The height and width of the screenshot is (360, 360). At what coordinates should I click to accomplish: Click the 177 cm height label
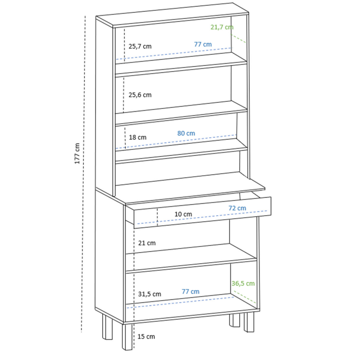click(77, 153)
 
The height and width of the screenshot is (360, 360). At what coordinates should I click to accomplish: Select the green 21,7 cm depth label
click(222, 27)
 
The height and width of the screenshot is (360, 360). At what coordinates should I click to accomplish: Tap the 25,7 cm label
click(140, 46)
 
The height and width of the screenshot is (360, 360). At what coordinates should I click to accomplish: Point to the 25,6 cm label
click(140, 95)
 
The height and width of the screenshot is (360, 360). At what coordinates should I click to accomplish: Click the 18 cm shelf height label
click(138, 137)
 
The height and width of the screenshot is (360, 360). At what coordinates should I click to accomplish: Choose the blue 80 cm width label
click(186, 133)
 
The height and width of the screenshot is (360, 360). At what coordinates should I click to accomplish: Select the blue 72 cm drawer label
click(237, 208)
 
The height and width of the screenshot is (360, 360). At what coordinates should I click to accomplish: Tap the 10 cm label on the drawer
click(183, 214)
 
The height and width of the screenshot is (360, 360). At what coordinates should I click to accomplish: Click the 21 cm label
click(147, 243)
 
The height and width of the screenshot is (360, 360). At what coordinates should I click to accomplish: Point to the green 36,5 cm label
click(243, 283)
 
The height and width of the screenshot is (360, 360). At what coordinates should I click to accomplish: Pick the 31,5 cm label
click(149, 294)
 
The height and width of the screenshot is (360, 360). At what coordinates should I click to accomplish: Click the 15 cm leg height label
click(146, 337)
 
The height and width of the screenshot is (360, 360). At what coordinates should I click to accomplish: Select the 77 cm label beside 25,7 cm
click(203, 44)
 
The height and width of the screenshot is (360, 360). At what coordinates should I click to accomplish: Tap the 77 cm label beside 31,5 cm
click(190, 291)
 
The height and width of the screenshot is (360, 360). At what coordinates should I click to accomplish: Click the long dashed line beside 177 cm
click(84, 180)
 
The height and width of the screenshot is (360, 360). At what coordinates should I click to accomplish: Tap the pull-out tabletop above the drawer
click(192, 186)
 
